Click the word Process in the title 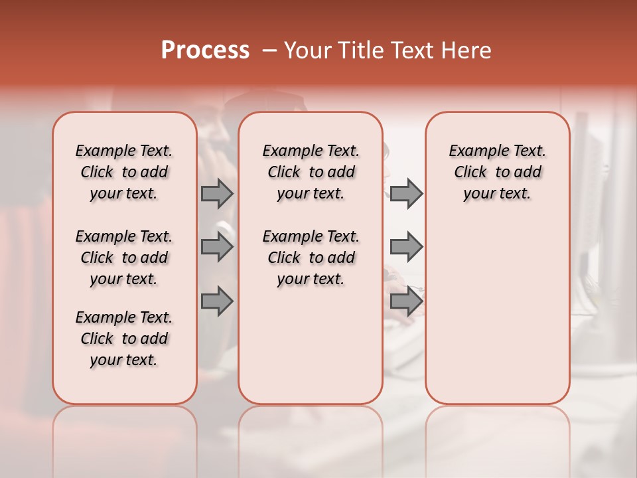(205, 50)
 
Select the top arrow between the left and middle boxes (217, 193)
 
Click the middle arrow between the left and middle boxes (217, 247)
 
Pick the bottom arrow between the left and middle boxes (217, 301)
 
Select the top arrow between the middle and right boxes (406, 193)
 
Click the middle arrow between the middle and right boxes (406, 247)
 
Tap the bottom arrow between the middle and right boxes (406, 301)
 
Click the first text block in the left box (124, 172)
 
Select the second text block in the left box (124, 258)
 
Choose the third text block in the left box (124, 339)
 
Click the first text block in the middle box (311, 172)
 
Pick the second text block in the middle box (311, 258)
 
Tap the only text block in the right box (498, 172)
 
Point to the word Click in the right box (470, 173)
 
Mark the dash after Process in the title (269, 50)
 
